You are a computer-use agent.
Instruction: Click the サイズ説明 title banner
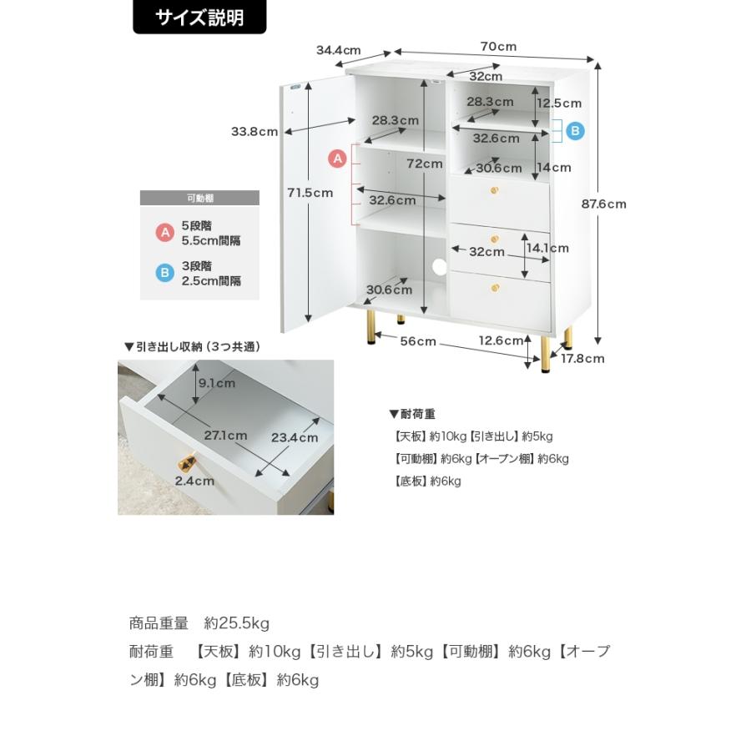(x=199, y=18)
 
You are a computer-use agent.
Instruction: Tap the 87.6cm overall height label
(x=603, y=204)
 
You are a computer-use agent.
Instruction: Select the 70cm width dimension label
(x=498, y=47)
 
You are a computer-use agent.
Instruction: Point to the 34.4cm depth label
(x=338, y=50)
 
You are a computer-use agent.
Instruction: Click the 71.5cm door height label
(x=310, y=193)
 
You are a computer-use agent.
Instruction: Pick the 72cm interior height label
(x=425, y=164)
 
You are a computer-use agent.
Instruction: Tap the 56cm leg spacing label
(x=418, y=341)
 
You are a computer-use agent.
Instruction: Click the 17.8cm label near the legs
(x=582, y=359)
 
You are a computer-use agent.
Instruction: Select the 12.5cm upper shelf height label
(x=559, y=103)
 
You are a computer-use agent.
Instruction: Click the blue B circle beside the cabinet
(x=575, y=131)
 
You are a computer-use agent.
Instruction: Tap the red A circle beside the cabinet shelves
(x=338, y=159)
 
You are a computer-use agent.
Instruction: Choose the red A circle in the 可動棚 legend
(x=164, y=233)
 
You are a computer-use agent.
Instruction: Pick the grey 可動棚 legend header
(x=199, y=198)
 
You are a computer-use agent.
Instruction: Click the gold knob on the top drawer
(x=494, y=190)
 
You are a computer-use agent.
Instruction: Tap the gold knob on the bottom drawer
(x=495, y=288)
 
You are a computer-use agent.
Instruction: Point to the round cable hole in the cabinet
(x=439, y=267)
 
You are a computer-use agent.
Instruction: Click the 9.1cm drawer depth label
(x=217, y=383)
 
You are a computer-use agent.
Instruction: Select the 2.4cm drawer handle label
(x=194, y=481)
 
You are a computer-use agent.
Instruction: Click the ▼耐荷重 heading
(x=412, y=414)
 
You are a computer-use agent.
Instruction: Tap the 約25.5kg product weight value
(x=237, y=623)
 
